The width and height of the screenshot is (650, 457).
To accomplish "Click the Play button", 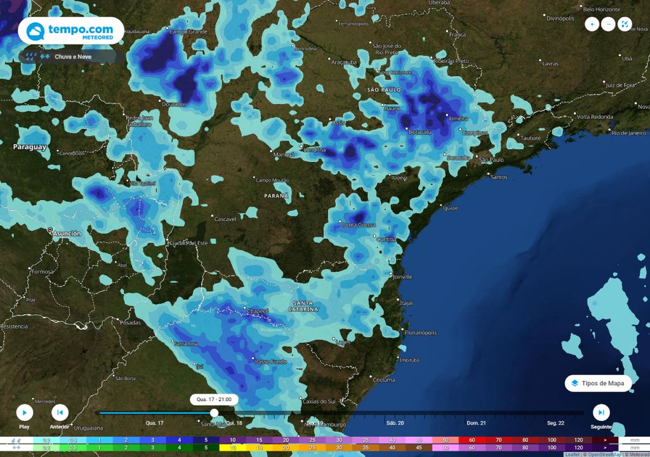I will [x=24, y=413].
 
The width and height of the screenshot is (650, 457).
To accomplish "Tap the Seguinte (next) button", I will [x=600, y=413].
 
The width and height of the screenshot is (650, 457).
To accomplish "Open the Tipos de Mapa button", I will [x=599, y=383].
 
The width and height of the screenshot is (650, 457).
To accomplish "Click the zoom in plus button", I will [x=592, y=24].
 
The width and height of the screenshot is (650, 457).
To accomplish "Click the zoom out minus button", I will [x=608, y=24].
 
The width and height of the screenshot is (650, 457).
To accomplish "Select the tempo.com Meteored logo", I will [x=70, y=30].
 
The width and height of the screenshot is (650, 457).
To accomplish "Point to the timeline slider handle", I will [x=215, y=413].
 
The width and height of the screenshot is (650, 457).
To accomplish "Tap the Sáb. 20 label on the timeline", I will [x=395, y=423].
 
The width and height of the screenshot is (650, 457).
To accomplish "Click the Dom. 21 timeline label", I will [x=476, y=423].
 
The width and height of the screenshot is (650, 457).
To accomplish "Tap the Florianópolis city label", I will [x=420, y=333].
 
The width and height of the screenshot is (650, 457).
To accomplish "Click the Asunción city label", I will [x=67, y=234].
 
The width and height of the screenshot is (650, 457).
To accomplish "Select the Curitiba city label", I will [x=387, y=239].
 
